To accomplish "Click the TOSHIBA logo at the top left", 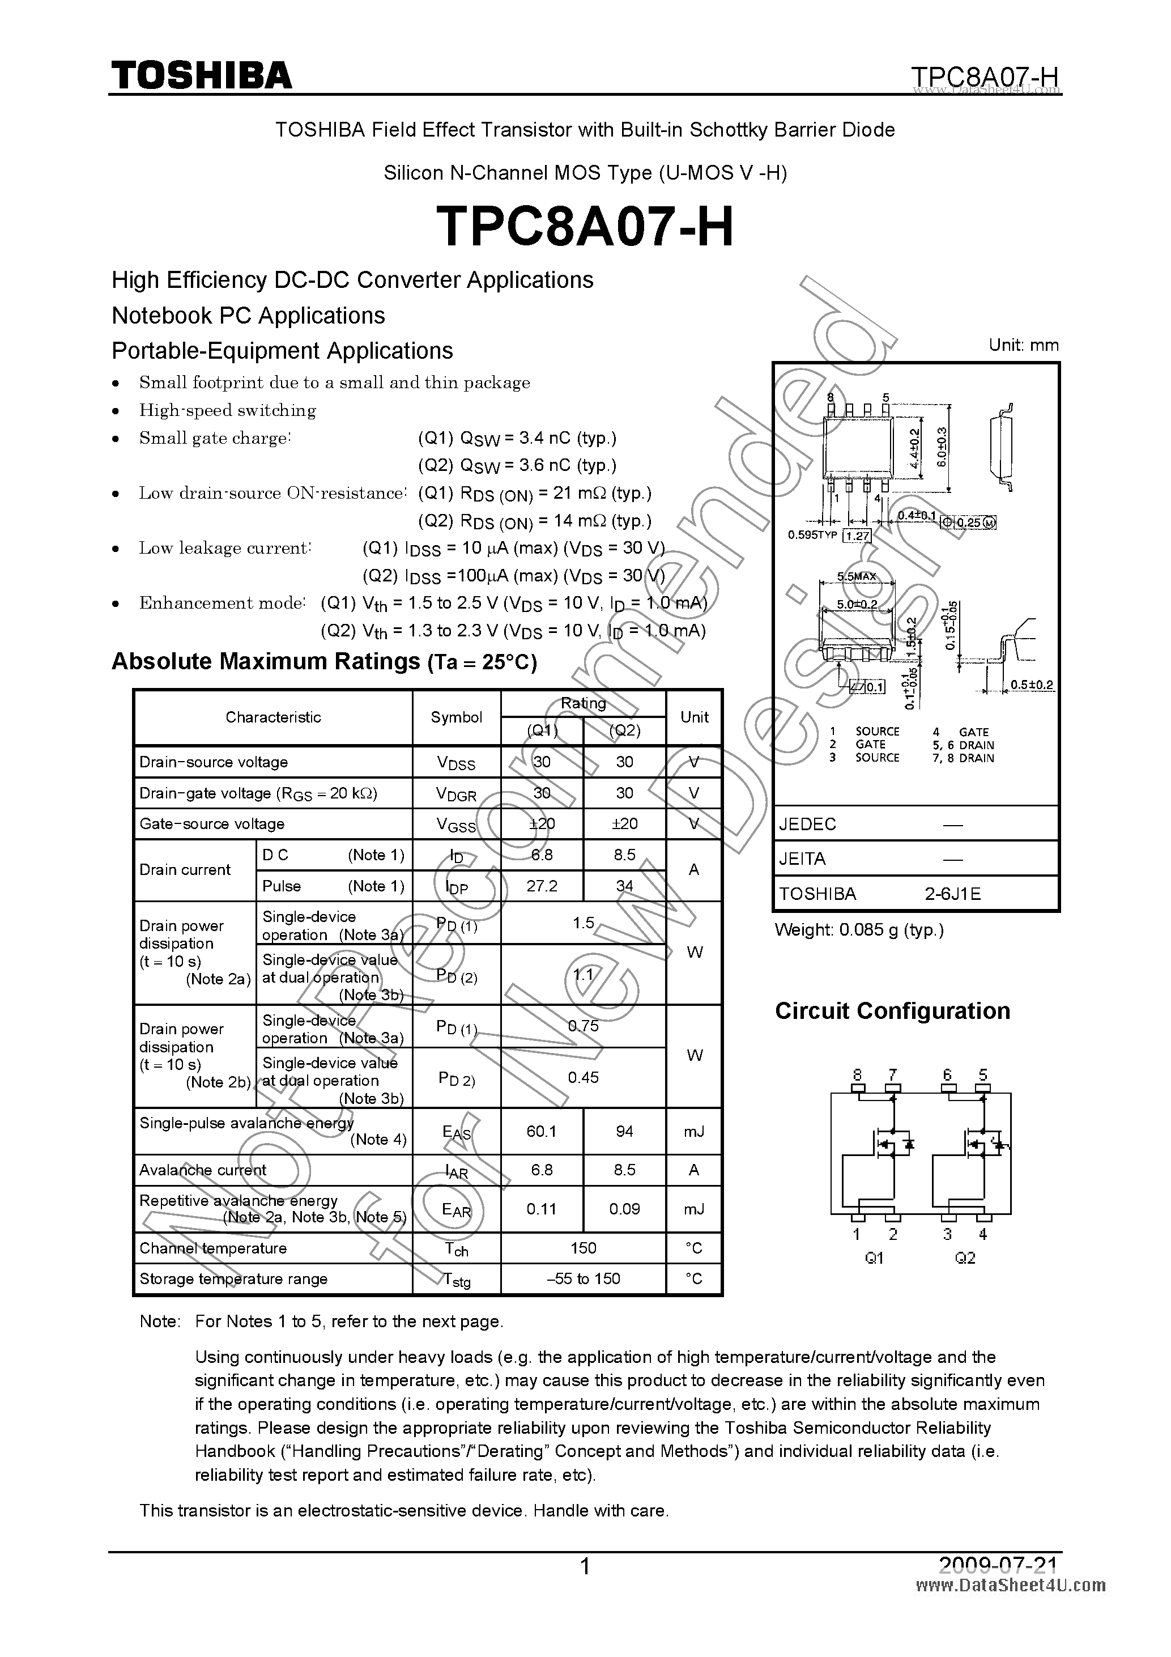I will click(201, 75).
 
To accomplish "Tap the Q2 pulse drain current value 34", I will click(624, 886).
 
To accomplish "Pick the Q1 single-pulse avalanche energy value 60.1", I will click(541, 1131).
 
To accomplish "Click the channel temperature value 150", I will click(583, 1248).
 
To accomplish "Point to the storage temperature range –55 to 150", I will click(583, 1278).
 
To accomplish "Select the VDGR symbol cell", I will click(456, 794).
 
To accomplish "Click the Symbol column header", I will click(456, 717).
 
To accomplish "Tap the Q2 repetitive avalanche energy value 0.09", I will click(624, 1209).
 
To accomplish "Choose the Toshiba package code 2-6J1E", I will click(952, 894).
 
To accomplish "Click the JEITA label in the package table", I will click(802, 859).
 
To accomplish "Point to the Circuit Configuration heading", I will click(892, 1010).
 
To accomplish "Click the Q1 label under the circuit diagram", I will click(874, 1258).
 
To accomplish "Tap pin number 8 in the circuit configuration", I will click(857, 1074).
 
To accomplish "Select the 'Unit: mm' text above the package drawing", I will click(1023, 345).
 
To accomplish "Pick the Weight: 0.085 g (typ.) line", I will click(859, 929).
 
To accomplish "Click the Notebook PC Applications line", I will click(248, 316).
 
